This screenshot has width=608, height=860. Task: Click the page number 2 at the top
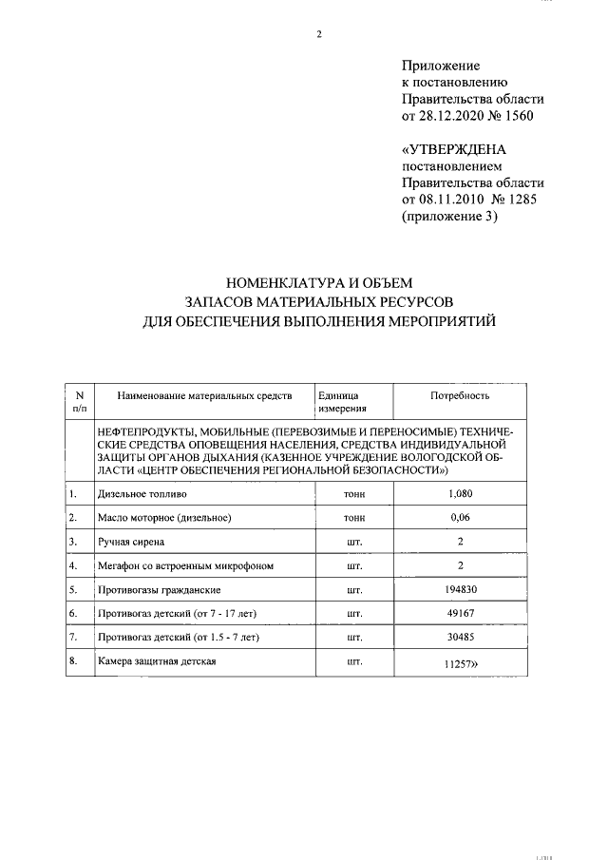pos(319,35)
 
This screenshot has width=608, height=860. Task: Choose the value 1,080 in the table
pos(460,494)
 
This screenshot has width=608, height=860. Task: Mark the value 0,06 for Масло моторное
pos(460,518)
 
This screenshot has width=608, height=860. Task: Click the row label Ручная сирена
pos(131,542)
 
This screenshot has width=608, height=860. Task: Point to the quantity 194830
pos(460,589)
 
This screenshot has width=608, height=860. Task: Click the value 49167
pos(460,613)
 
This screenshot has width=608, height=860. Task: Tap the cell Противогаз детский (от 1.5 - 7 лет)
pos(178,637)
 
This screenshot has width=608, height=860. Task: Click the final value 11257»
pos(462,665)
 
